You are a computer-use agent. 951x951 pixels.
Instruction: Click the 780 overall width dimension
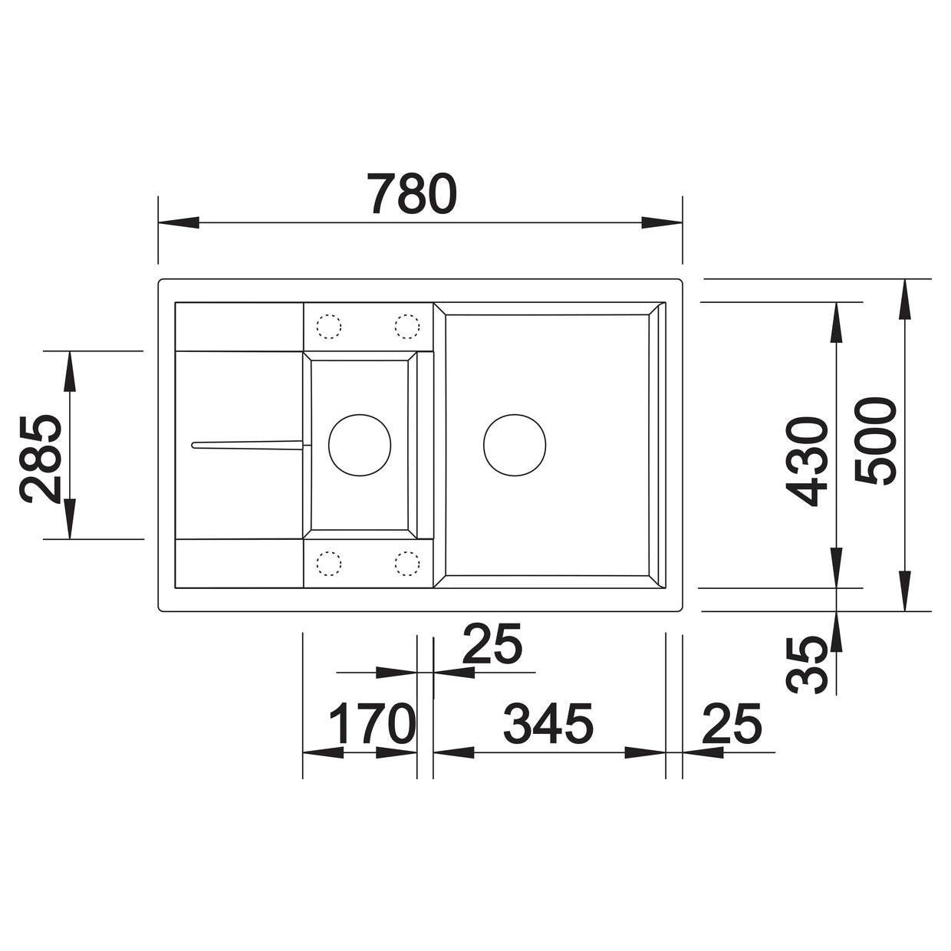pyautogui.click(x=413, y=194)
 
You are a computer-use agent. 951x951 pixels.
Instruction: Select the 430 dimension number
pyautogui.click(x=806, y=462)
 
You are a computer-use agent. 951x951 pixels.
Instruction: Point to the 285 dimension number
pyautogui.click(x=41, y=459)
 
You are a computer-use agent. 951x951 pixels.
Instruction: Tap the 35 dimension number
pyautogui.click(x=805, y=665)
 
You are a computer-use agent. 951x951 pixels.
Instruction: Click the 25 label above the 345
pyautogui.click(x=492, y=644)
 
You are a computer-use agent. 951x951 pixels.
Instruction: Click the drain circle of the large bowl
pyautogui.click(x=515, y=445)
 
